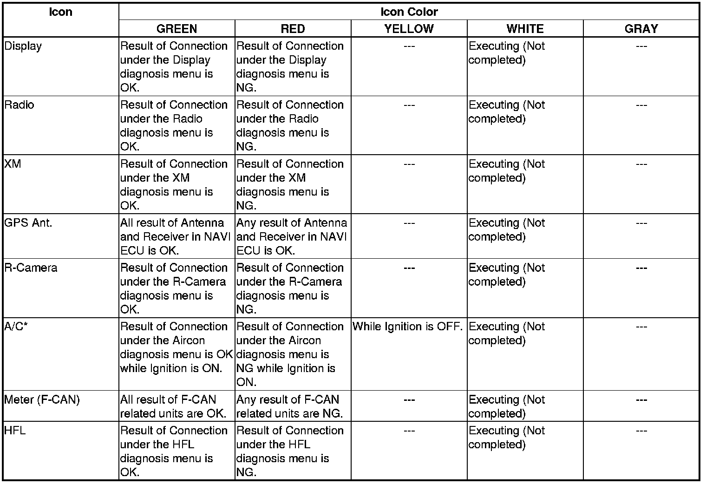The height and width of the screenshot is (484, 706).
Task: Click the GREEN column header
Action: (176, 29)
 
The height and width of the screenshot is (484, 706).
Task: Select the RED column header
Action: (293, 29)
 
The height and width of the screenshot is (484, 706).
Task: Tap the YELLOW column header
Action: (409, 29)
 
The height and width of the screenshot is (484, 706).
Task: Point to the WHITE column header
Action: (525, 29)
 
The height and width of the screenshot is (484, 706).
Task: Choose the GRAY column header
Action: (641, 29)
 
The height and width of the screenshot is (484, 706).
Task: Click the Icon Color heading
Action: (409, 12)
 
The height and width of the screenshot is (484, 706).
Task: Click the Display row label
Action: (23, 46)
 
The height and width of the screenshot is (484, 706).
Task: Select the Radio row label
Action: (20, 105)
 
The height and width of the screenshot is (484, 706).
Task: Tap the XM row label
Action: (13, 164)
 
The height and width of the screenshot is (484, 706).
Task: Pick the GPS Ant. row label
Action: (28, 223)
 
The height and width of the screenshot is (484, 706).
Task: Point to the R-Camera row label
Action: (31, 268)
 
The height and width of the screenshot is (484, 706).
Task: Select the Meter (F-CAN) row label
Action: (42, 400)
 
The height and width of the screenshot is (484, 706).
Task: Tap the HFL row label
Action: (15, 431)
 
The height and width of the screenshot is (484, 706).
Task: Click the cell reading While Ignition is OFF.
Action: (408, 327)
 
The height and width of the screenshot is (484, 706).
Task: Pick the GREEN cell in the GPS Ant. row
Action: (176, 236)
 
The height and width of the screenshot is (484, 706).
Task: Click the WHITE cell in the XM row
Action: (507, 171)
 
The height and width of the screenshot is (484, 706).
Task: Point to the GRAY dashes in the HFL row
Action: (641, 432)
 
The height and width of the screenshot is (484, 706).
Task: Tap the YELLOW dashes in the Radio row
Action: (409, 105)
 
